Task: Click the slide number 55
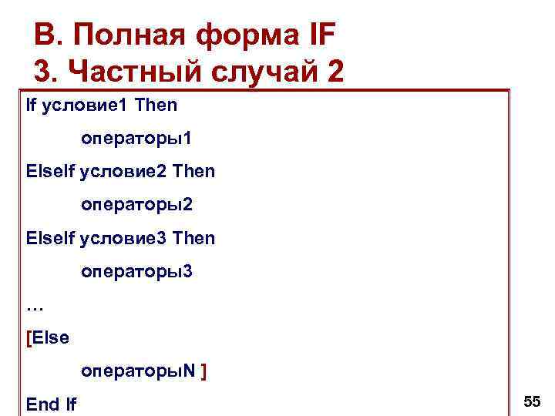click(x=532, y=401)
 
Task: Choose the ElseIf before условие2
click(x=50, y=172)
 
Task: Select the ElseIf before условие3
click(x=50, y=239)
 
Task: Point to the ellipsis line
click(x=35, y=306)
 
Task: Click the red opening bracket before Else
click(x=29, y=338)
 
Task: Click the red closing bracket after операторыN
click(x=203, y=371)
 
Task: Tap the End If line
click(x=51, y=404)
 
